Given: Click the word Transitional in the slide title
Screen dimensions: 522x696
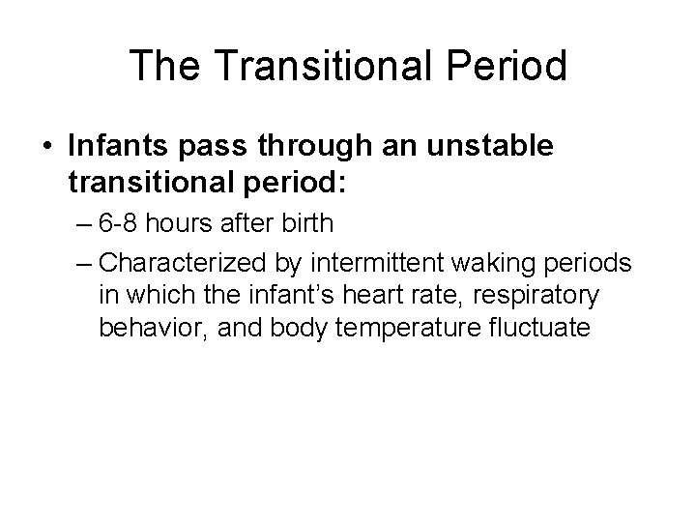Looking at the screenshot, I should point(319,67).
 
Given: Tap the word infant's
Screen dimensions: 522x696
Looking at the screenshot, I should point(276,295).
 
